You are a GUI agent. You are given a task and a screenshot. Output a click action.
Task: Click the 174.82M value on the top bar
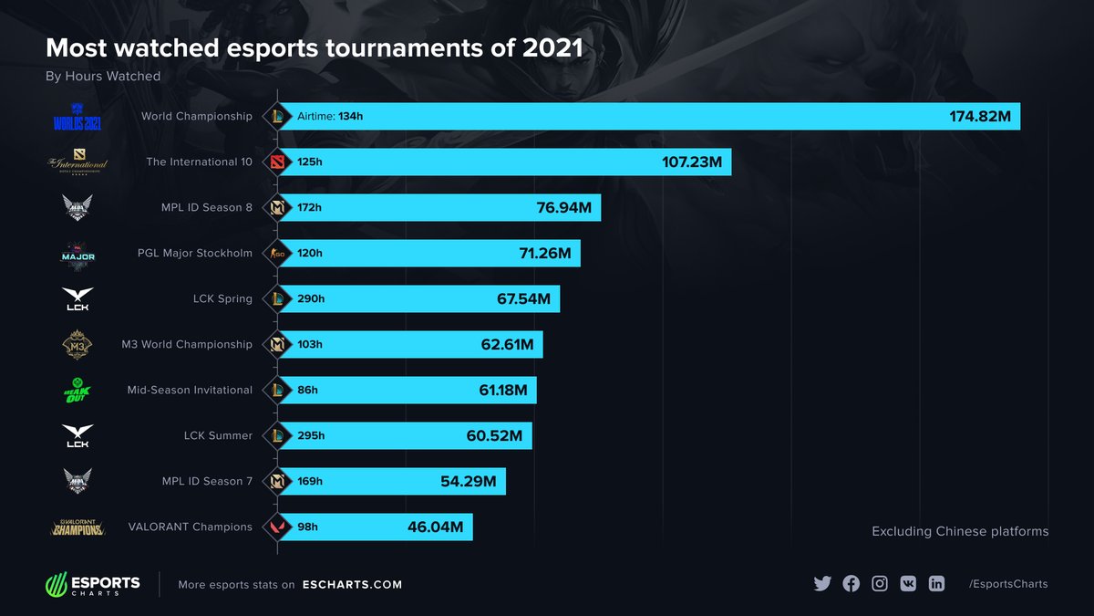coord(982,117)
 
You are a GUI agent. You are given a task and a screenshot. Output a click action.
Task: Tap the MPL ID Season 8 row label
coord(207,208)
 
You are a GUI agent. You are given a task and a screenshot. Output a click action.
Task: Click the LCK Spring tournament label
coord(222,299)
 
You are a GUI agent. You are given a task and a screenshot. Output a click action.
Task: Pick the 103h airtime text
coord(309,345)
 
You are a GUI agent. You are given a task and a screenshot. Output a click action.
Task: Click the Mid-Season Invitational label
coord(190,391)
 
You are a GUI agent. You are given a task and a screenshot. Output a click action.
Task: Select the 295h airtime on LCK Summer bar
coord(311,436)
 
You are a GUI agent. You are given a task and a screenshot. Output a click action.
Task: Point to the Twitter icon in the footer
coord(822,584)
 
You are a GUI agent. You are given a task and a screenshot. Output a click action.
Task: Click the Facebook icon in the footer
coord(851,584)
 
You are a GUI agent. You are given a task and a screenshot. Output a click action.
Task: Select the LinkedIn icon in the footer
coord(936,584)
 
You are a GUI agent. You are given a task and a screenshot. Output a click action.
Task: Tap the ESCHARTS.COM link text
coord(352,585)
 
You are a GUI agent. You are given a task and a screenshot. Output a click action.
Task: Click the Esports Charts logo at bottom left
coord(93,584)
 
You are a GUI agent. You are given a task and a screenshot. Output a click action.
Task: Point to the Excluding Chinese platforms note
coord(960,531)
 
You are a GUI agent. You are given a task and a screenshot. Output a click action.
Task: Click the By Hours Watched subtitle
coord(103,77)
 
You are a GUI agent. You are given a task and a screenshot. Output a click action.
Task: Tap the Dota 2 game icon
coord(277,162)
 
